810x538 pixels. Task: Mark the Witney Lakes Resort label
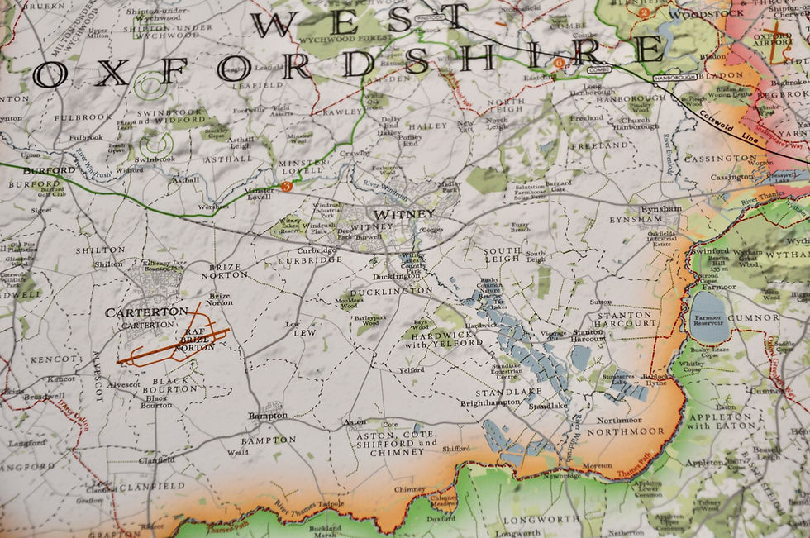pos(290,226)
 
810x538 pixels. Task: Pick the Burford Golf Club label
pos(51,193)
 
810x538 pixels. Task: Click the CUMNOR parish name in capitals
pos(753,317)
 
